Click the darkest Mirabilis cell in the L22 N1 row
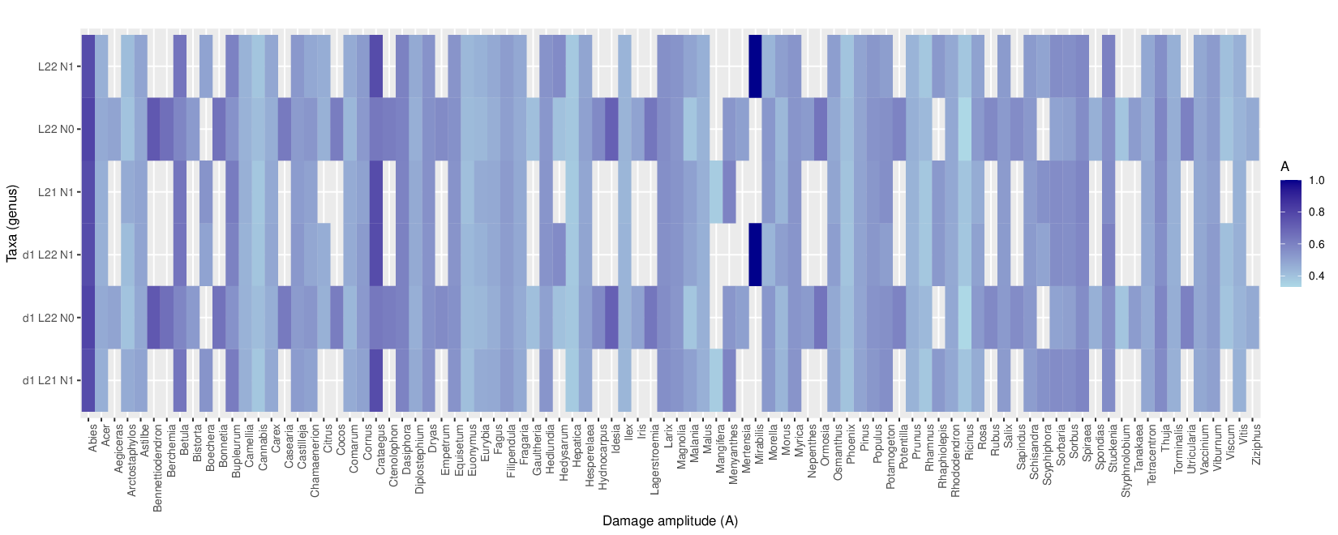[755, 66]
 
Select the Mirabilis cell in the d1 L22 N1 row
[755, 255]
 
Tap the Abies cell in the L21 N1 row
[88, 192]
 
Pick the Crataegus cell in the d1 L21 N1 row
[376, 380]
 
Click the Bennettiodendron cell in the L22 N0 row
[154, 129]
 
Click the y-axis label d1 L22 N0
[48, 318]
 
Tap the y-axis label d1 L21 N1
[48, 380]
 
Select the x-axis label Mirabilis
[759, 443]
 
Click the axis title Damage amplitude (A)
[670, 520]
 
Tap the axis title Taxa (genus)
[11, 223]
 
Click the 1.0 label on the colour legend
[1317, 181]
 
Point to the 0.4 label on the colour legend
[1317, 276]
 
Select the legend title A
[1284, 166]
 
